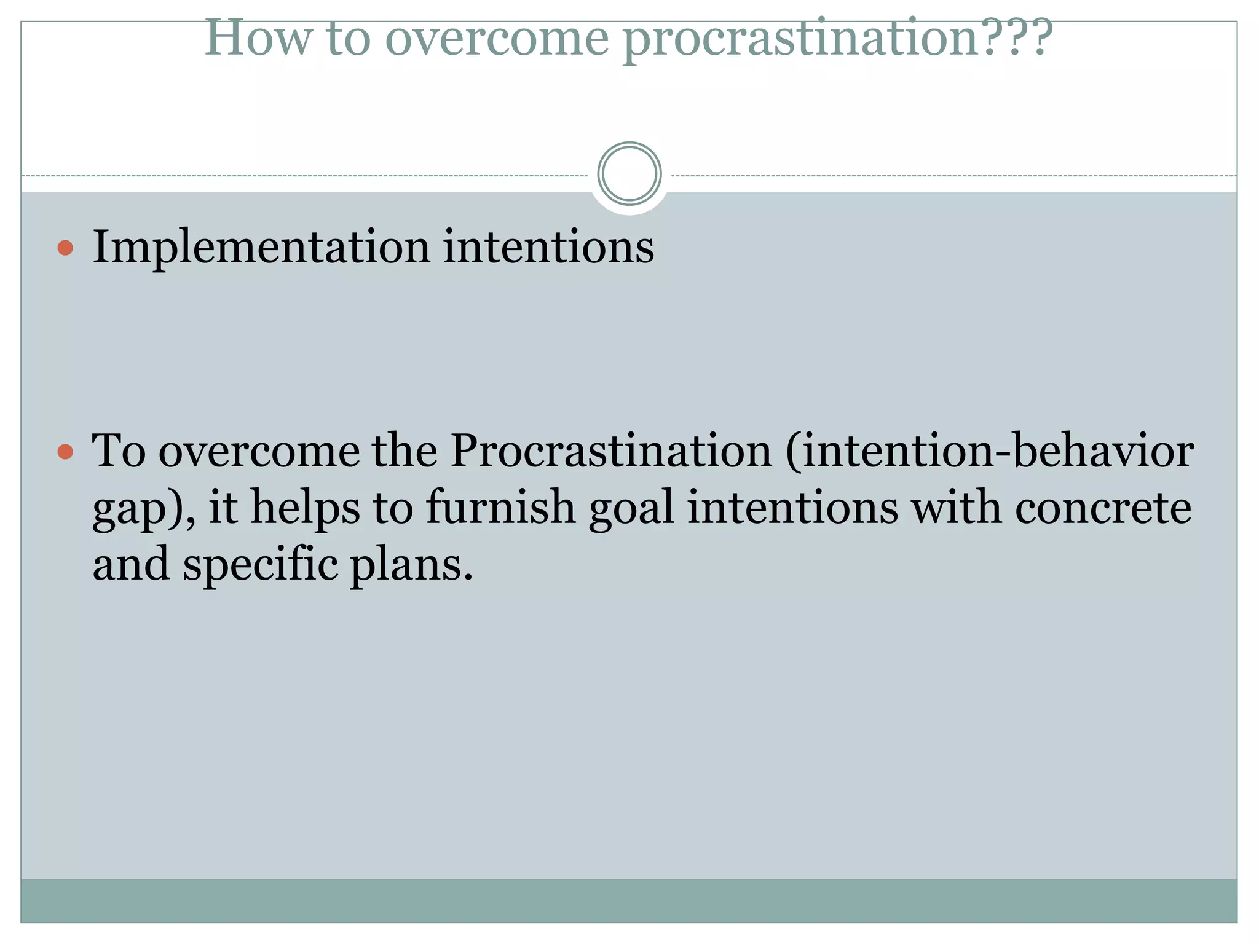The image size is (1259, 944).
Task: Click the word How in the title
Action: (x=258, y=38)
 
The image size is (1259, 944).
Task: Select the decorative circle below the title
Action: (x=629, y=173)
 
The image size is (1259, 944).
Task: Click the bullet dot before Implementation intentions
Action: (x=65, y=248)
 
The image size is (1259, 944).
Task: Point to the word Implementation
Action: (x=261, y=248)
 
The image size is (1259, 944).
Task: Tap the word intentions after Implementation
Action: (x=548, y=248)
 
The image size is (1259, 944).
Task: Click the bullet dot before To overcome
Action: (x=65, y=452)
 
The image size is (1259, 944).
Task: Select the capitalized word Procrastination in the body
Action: (x=611, y=451)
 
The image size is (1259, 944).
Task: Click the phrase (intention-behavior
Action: (x=989, y=451)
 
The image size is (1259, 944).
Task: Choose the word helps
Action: (x=305, y=508)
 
